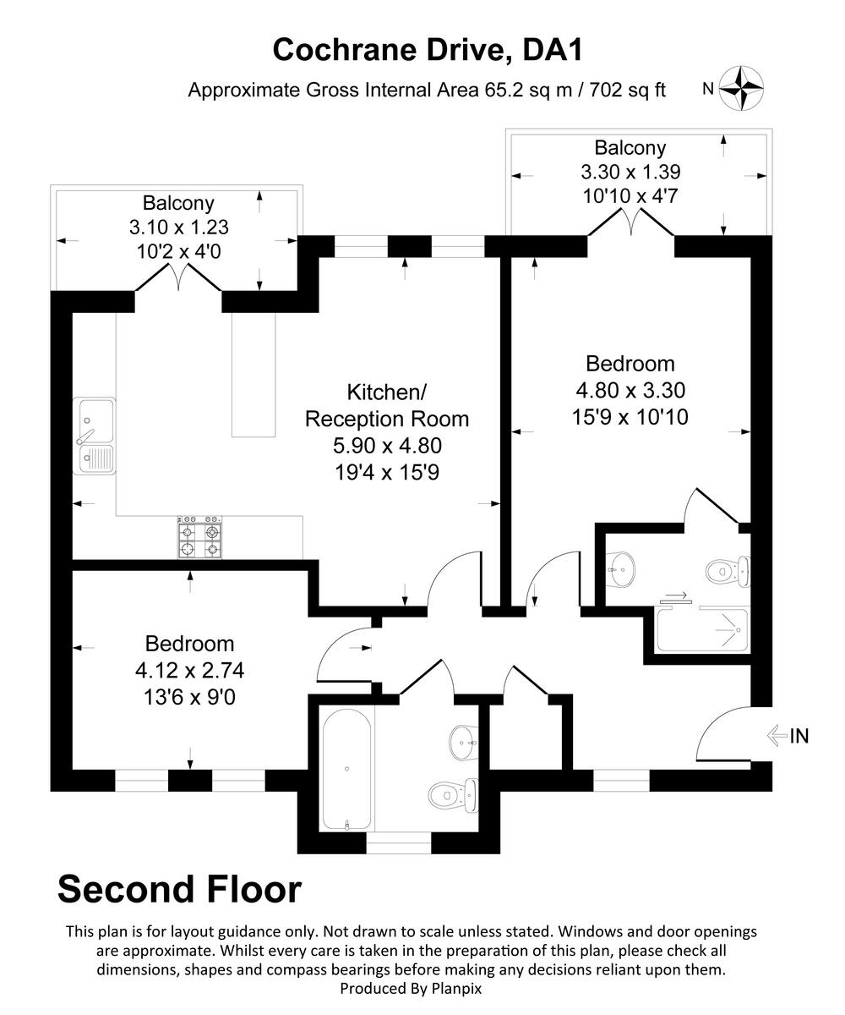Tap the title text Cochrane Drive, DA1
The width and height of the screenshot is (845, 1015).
pos(428,50)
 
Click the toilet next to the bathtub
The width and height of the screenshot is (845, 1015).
pos(453,793)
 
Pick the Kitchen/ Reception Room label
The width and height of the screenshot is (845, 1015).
pos(386,405)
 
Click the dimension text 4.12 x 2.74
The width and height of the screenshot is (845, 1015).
pos(190,671)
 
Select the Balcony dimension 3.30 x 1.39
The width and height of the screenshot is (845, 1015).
pos(630,172)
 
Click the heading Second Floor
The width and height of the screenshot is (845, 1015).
pos(179,889)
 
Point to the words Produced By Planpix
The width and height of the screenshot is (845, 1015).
pos(411,987)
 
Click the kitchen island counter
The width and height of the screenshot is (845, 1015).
pos(254,373)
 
